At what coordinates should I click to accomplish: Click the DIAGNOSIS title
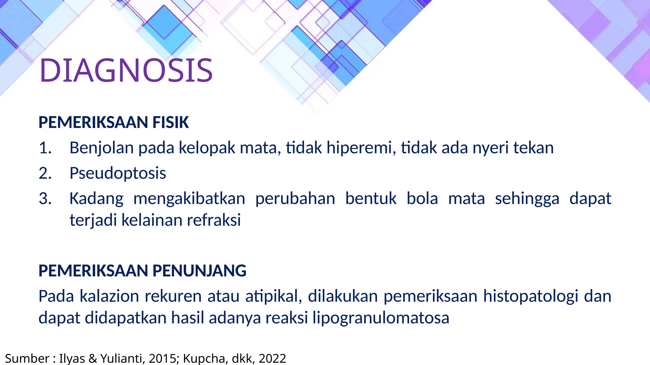126,70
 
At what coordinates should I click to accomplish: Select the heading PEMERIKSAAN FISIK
114,122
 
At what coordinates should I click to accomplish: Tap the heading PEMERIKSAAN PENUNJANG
142,271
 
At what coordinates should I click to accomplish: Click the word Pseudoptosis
118,173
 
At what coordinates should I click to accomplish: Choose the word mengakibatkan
189,199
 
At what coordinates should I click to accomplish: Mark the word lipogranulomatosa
381,318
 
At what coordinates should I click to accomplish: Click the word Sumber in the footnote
27,358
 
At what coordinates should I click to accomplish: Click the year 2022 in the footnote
272,358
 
